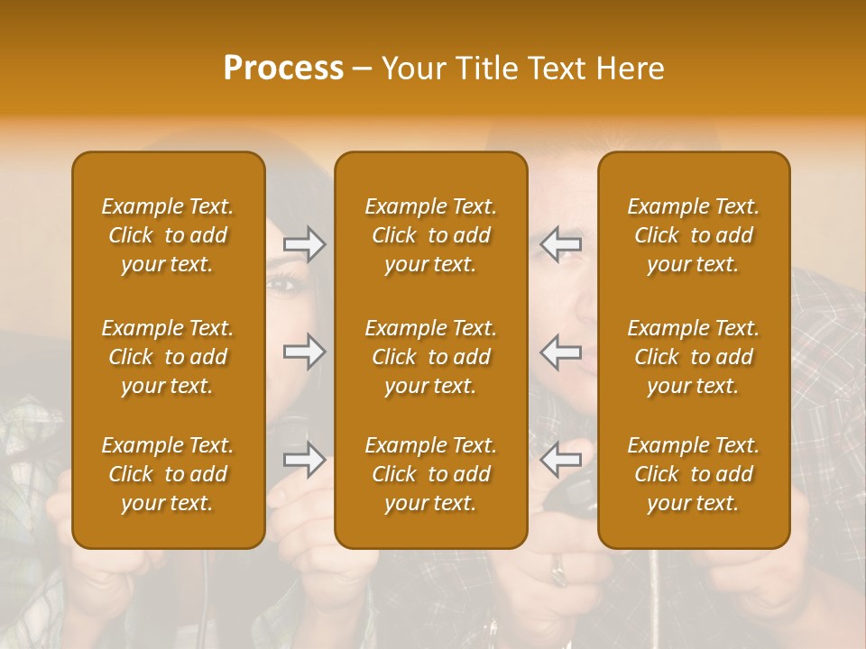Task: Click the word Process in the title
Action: coord(283,69)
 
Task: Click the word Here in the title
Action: coord(630,69)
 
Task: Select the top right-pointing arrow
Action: coord(305,244)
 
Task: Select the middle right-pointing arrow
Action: coord(305,352)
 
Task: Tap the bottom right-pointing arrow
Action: coord(305,460)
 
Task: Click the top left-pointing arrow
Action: coord(560,244)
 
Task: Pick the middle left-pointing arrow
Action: coord(560,352)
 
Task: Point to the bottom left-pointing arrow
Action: coord(560,460)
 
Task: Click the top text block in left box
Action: coord(168,235)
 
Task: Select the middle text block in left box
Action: coord(168,357)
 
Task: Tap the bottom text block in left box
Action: coord(168,474)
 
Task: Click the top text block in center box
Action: coord(430,235)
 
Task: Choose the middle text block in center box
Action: coord(430,357)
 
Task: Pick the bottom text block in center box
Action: coord(430,474)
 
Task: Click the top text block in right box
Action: coord(693,235)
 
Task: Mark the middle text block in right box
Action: coord(693,357)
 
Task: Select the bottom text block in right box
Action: coord(693,474)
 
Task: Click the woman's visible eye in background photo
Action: coord(284,285)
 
